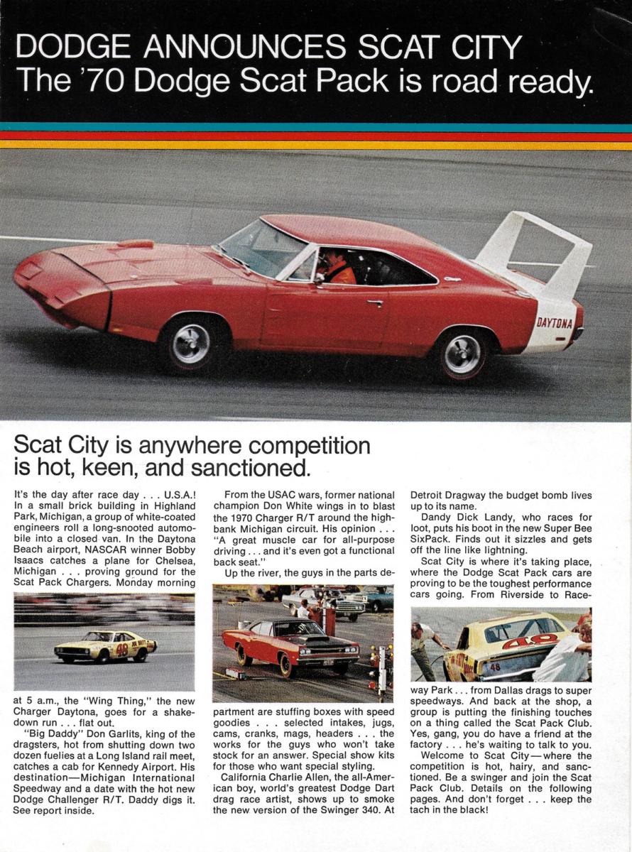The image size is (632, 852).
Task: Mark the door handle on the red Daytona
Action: [375, 303]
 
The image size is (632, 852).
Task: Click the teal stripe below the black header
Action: [316, 127]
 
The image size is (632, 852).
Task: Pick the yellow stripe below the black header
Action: [316, 144]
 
